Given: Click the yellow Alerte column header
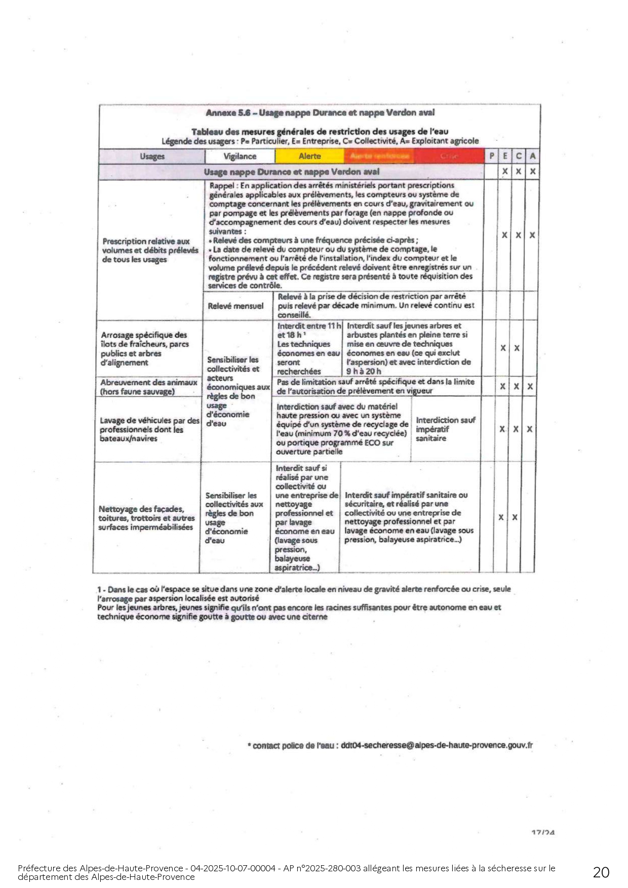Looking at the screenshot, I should coord(309,156).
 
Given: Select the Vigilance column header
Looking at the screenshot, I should coord(240,156).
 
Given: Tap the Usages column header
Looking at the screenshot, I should coord(152,156).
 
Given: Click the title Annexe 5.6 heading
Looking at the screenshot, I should coord(320,113).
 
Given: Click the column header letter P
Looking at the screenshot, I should coord(491,156).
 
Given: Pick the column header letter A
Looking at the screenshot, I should coord(532,156).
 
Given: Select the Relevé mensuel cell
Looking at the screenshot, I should coord(235,306).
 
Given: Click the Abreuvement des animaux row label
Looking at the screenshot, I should coord(148,387).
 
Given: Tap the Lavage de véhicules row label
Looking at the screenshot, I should coord(149,429).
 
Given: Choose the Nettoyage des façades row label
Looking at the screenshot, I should coord(146,518).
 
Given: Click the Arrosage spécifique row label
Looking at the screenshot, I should coord(144,349).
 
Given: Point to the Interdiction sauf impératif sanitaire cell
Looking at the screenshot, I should coord(445,429).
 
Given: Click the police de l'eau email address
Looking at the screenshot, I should coord(437,745).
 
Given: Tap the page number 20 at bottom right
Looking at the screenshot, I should coord(601,872).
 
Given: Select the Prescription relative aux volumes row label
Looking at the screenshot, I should coord(150,250).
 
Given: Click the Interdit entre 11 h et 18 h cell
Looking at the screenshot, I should coord(309,349).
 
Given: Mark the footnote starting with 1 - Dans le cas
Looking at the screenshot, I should coord(304,602).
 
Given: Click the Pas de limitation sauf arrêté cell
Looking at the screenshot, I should coord(375,386).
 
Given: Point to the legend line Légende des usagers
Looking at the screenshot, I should coord(320,141).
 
